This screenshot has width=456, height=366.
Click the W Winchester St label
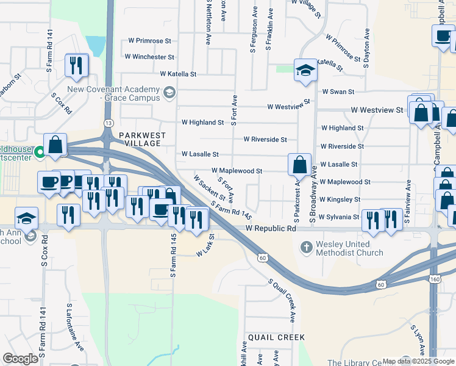point(149,57)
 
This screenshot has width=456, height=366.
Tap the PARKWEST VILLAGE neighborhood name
point(140,139)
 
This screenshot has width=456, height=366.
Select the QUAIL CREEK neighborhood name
point(276,337)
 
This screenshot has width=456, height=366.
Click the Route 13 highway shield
point(108,123)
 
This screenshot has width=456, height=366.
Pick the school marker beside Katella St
point(305,70)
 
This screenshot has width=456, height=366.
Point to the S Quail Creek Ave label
point(282,300)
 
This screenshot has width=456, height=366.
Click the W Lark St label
point(205,245)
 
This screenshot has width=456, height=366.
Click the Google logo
point(21,359)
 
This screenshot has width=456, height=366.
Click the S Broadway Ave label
point(315,195)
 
